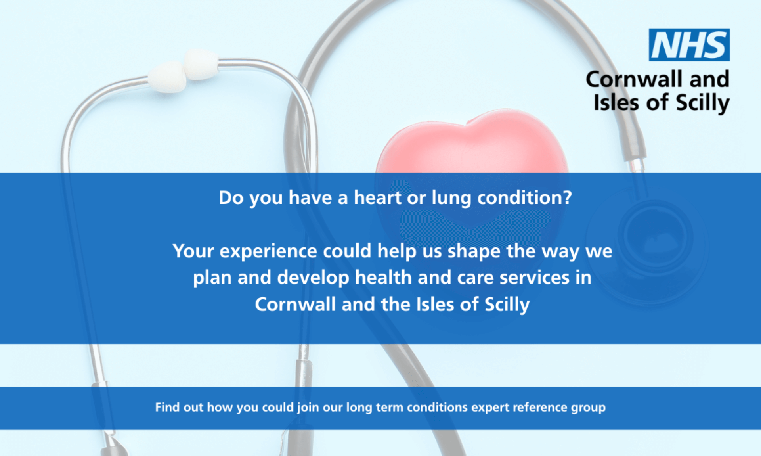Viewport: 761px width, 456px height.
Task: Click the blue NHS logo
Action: click(689, 45)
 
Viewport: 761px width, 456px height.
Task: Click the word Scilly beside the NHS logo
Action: click(702, 103)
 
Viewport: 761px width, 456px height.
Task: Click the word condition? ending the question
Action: click(525, 197)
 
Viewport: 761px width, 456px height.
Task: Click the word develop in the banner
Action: click(313, 278)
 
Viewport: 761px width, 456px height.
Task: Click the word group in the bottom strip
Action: click(588, 408)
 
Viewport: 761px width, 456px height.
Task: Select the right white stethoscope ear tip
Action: click(201, 64)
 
